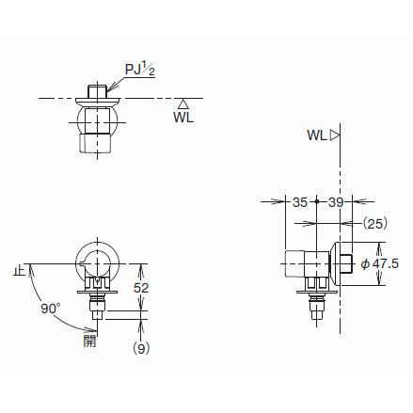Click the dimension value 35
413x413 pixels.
coord(299,201)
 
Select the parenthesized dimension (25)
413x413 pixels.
coord(375,224)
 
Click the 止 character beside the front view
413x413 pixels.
coord(19,270)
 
